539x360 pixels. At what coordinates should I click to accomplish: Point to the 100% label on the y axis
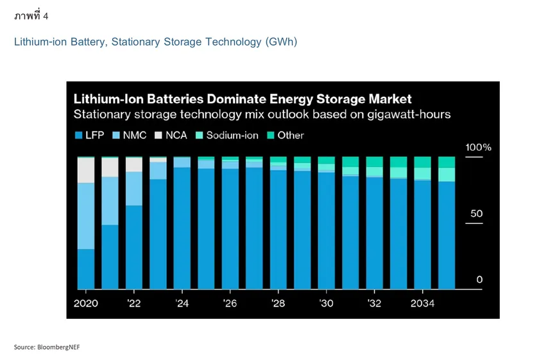pos(478,148)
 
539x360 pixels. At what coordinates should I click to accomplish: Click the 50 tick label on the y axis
pos(475,214)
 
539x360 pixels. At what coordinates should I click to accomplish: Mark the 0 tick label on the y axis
pos(479,280)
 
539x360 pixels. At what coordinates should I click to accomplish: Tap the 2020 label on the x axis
pos(86,303)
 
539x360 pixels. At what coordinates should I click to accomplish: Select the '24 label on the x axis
pos(182,303)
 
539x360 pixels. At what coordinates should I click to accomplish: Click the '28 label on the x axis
pos(278,303)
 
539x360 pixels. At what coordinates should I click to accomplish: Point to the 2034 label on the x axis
pos(422,303)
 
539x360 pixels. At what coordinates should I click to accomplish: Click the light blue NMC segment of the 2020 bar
pos(86,216)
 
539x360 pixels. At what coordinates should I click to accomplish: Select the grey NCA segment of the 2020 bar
pos(86,171)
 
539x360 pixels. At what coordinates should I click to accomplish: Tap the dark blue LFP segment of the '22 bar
pos(134,247)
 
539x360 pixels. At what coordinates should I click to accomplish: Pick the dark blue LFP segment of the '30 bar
pos(326,231)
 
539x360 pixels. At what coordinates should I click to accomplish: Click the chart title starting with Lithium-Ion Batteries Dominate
pos(243,99)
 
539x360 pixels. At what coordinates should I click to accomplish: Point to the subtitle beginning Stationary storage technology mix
pos(262,115)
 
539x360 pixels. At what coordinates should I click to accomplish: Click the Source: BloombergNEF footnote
pos(47,347)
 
